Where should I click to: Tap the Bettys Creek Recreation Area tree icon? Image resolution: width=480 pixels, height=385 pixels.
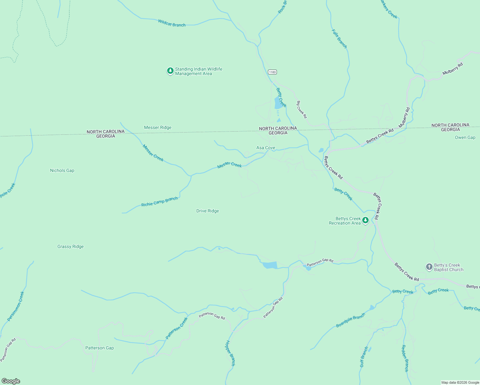[x=365, y=220]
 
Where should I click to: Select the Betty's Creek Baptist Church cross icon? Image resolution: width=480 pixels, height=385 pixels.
[x=429, y=267]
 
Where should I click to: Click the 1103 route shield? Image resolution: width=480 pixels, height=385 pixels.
[x=272, y=72]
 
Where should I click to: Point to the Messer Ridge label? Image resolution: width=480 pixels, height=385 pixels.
[x=158, y=127]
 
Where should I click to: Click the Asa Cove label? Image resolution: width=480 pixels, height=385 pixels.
[x=266, y=148]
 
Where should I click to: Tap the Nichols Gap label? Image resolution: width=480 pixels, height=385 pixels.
[x=62, y=171]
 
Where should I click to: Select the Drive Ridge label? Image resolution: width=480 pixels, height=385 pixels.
[x=208, y=211]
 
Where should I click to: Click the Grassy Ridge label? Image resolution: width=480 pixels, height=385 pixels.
[x=70, y=247]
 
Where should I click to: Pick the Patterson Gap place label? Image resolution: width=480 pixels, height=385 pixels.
[x=99, y=348]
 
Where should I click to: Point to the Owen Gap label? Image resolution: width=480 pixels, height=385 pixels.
[x=465, y=138]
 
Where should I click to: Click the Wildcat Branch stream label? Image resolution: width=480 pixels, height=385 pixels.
[x=172, y=23]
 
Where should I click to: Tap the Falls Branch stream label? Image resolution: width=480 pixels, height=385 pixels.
[x=339, y=38]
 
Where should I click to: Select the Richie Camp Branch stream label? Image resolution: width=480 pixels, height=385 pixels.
[x=159, y=202]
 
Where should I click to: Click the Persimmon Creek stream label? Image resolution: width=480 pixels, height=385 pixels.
[x=16, y=306]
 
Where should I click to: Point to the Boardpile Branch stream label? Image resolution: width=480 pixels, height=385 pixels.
[x=350, y=320]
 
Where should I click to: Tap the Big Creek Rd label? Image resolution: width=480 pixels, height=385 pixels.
[x=302, y=109]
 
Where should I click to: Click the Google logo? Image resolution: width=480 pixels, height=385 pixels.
[x=11, y=381]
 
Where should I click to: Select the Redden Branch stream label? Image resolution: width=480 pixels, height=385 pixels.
[x=405, y=358]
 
